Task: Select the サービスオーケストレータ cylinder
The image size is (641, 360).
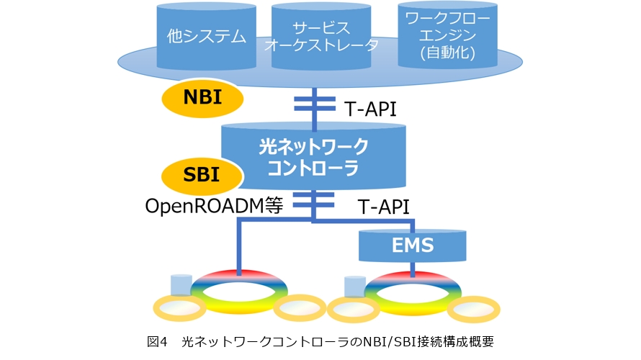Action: [x=321, y=36]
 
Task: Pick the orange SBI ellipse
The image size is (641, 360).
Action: [x=202, y=175]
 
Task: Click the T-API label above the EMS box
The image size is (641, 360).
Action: [x=384, y=207]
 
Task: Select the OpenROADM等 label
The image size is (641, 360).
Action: [x=214, y=207]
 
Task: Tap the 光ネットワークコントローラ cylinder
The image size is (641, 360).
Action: [x=313, y=156]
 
